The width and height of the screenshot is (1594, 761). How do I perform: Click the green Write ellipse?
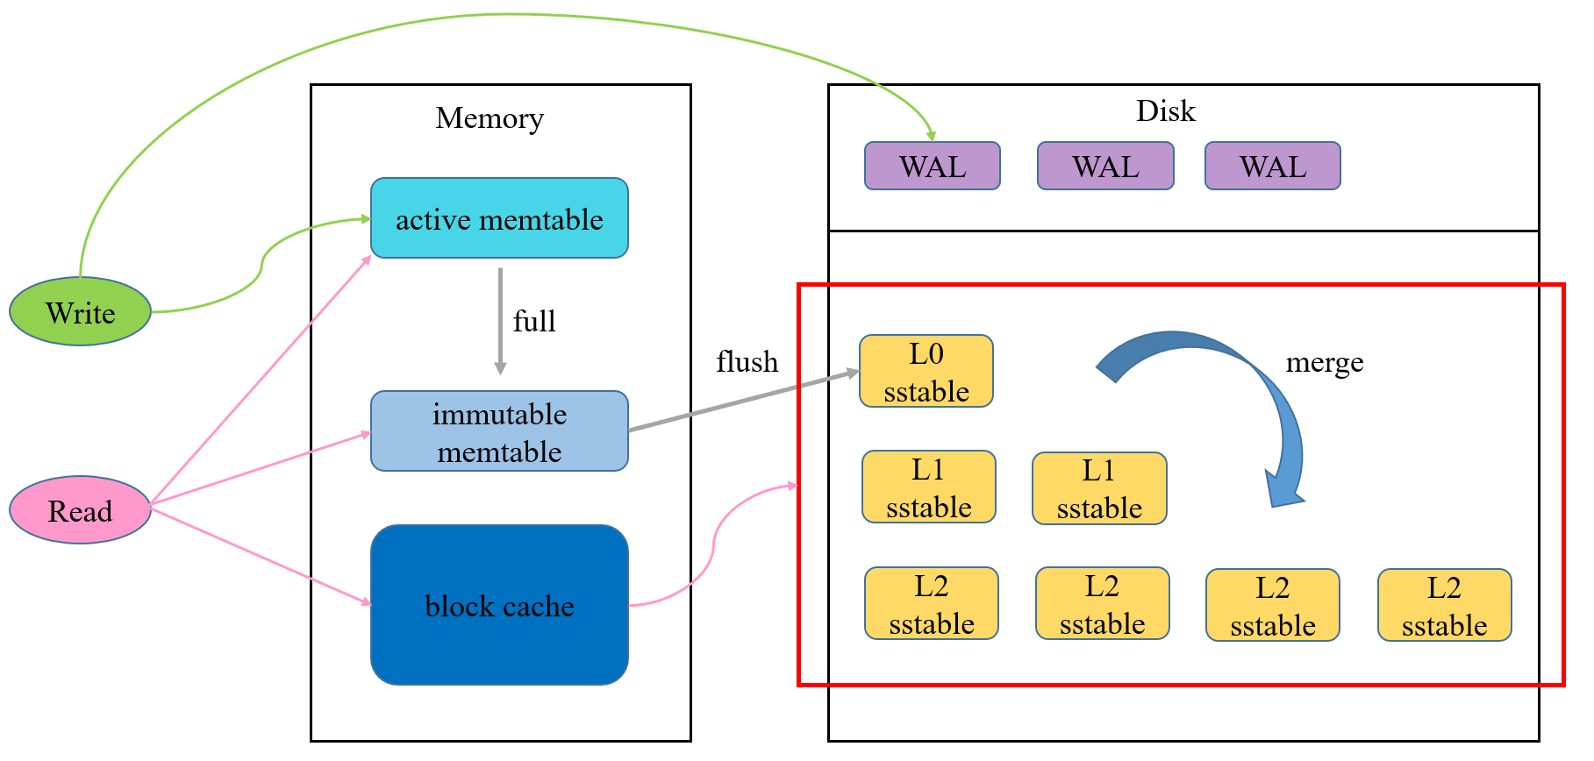(80, 311)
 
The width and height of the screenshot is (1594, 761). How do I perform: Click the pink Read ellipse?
(80, 510)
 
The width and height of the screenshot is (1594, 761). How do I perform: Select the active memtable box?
(499, 218)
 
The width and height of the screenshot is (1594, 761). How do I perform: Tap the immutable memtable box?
(499, 431)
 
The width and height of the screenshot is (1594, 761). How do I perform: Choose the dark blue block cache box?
(499, 605)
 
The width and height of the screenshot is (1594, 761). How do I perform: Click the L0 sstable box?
(926, 371)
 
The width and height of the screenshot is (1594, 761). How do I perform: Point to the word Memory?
(490, 117)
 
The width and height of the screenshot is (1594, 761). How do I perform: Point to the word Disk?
(1165, 110)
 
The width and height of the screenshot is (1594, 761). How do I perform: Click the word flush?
(747, 361)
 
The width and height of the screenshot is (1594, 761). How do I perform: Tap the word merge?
(1324, 362)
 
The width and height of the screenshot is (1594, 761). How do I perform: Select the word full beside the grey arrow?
(534, 321)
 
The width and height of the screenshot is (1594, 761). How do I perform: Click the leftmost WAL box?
(933, 166)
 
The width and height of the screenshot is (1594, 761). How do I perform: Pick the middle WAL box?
(1105, 166)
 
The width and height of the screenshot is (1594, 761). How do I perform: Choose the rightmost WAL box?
(1272, 166)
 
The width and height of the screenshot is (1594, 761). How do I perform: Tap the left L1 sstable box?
(929, 487)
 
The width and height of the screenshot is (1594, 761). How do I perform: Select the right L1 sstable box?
(1099, 488)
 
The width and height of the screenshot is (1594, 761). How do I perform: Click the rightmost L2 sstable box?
(1444, 605)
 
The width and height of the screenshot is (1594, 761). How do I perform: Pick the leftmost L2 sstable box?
(932, 603)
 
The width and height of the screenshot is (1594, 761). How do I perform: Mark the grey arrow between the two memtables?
(500, 321)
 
